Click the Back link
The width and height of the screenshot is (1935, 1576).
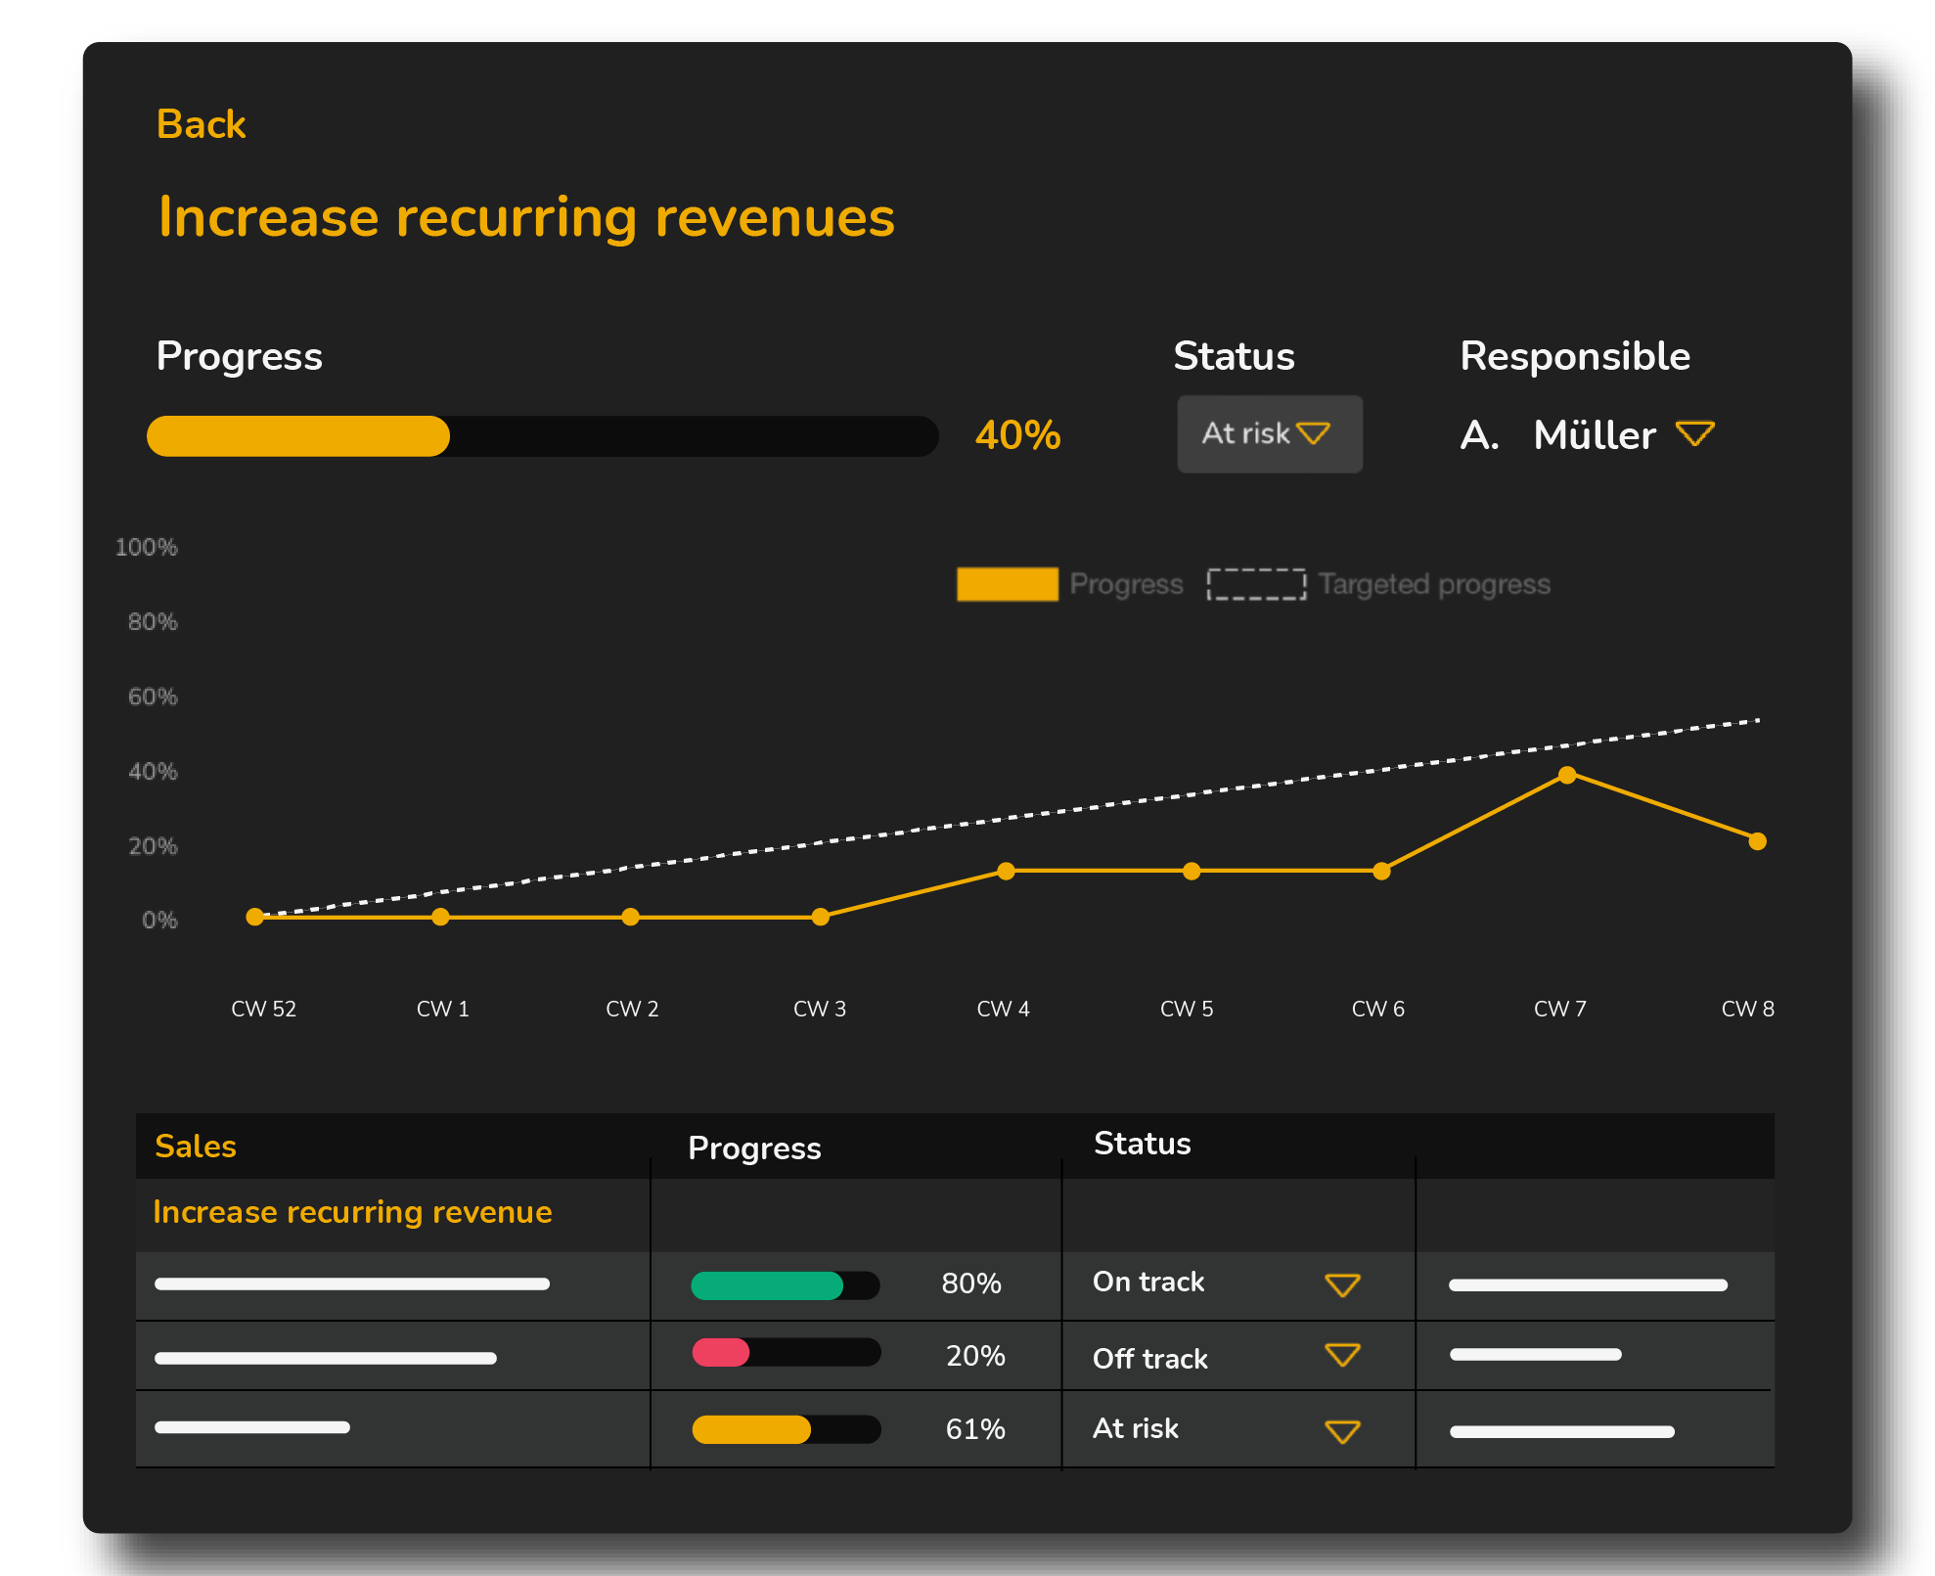tap(201, 125)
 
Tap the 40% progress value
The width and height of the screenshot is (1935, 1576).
tap(1017, 435)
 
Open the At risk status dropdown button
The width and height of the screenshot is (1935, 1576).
tap(1269, 434)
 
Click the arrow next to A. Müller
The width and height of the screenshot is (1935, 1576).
tap(1694, 433)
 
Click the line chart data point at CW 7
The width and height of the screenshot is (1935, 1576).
tap(1567, 775)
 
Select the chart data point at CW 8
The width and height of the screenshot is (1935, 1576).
tap(1757, 841)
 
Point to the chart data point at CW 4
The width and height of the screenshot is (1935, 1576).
tap(1006, 871)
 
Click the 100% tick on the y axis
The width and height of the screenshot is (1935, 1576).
tap(147, 548)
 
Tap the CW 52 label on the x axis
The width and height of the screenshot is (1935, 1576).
tap(263, 1009)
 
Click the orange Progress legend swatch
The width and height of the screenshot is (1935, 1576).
tap(1007, 584)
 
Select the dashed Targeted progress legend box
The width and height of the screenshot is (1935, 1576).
tap(1256, 584)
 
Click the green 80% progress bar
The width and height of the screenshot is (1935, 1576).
tap(767, 1285)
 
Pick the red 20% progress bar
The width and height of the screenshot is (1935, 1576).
tap(721, 1353)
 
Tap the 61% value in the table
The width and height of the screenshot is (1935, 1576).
tap(974, 1429)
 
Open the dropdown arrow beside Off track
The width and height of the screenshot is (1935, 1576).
tap(1342, 1355)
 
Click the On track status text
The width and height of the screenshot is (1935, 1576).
tap(1148, 1283)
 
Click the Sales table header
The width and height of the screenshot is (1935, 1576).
tap(196, 1147)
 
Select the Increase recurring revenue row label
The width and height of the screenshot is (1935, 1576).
tap(352, 1213)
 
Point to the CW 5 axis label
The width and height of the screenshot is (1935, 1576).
tap(1186, 1009)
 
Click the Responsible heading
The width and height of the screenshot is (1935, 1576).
tap(1574, 356)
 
